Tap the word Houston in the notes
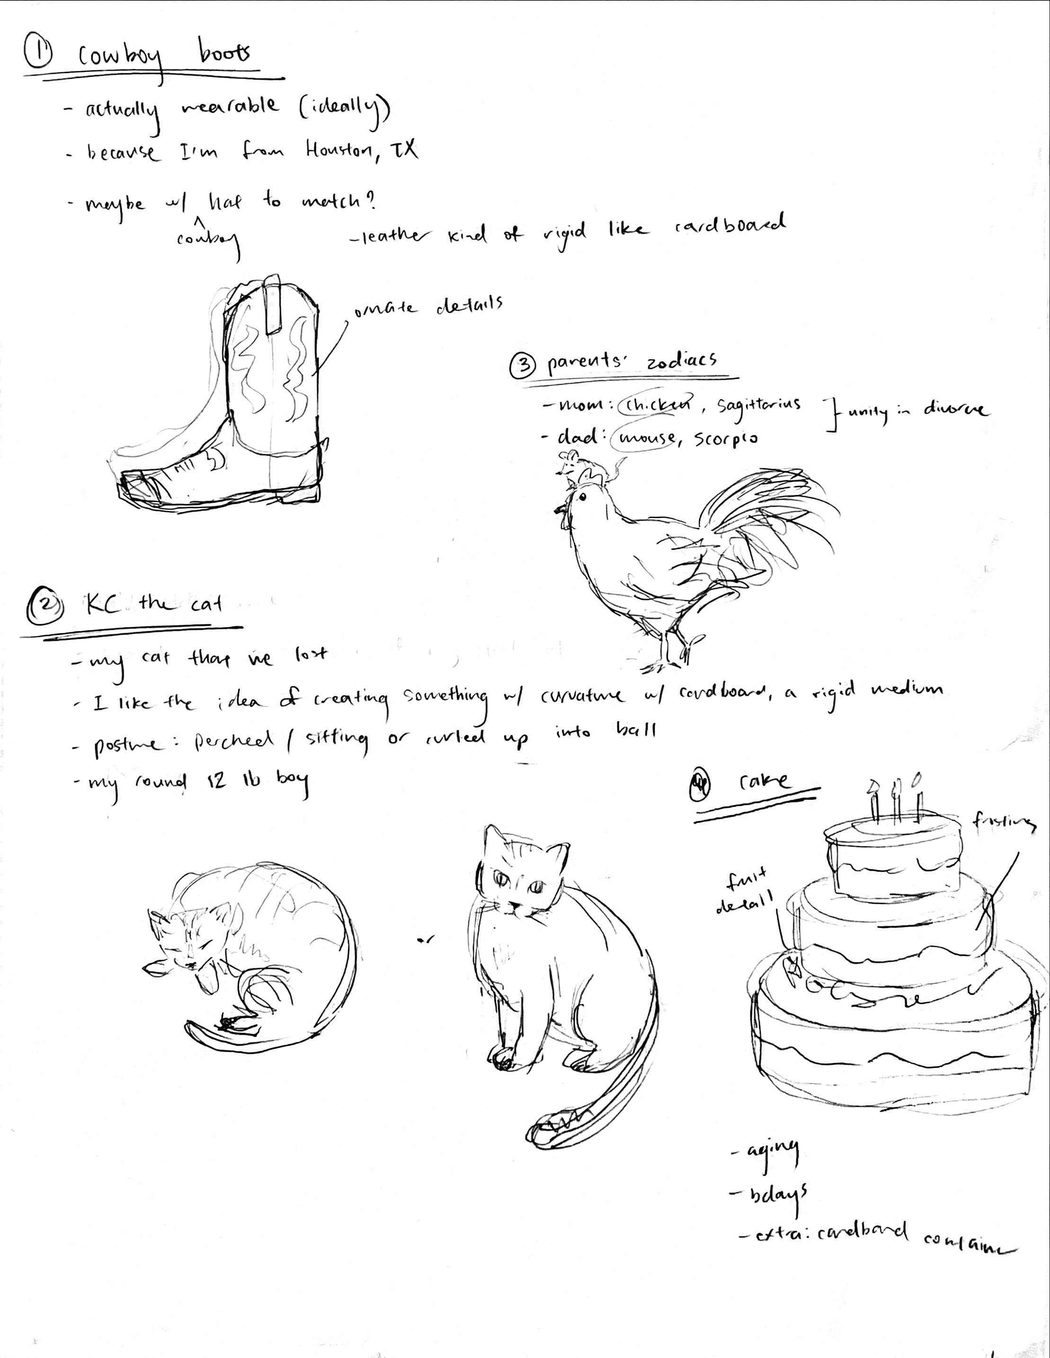coord(338,150)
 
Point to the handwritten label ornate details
coord(428,307)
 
